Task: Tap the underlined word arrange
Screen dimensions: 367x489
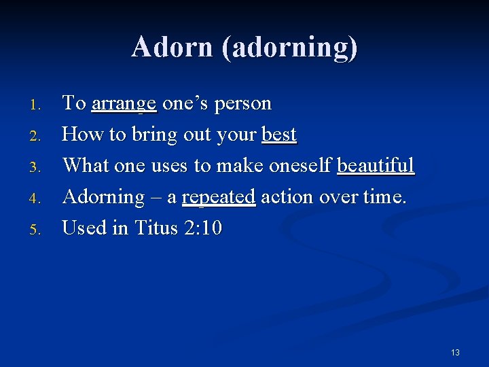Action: click(x=124, y=104)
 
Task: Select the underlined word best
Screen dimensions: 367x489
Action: click(x=278, y=135)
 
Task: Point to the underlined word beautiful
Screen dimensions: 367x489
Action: click(x=375, y=166)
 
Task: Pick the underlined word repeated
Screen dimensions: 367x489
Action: click(x=218, y=197)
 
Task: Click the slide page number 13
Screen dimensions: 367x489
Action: click(x=455, y=352)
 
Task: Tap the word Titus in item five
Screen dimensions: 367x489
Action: click(x=157, y=228)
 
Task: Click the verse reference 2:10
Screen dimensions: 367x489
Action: click(x=203, y=228)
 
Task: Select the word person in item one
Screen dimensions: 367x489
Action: click(x=242, y=104)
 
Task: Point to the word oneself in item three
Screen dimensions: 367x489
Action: click(x=300, y=166)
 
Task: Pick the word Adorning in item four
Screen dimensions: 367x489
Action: click(x=103, y=197)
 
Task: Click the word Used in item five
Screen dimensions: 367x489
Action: click(x=85, y=228)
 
